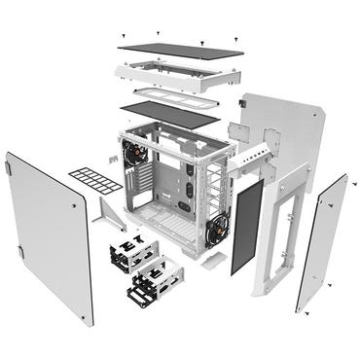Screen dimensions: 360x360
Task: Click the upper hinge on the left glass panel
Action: coord(8,168)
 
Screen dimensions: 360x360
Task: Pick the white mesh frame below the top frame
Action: coord(171,97)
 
